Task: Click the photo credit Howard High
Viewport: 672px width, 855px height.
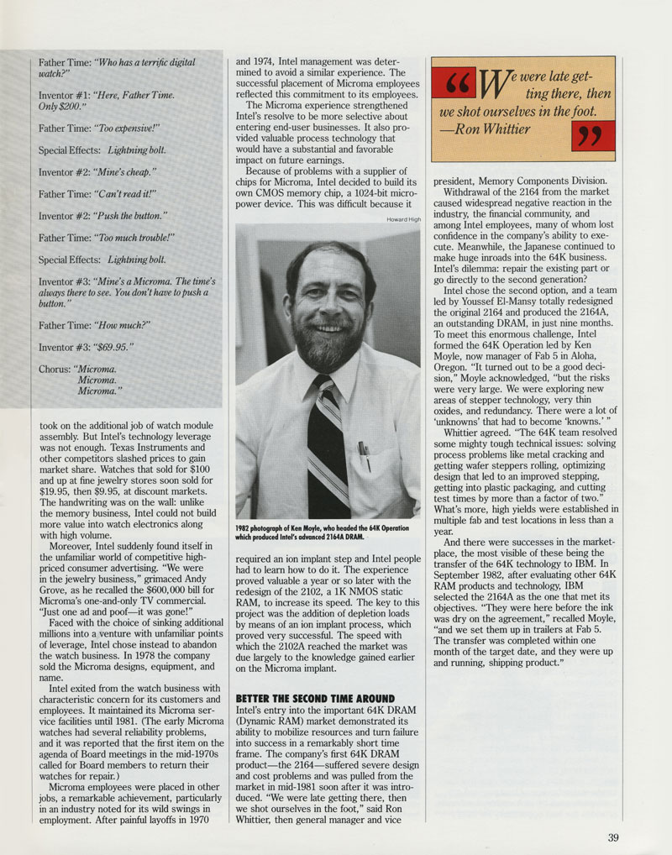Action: [402, 219]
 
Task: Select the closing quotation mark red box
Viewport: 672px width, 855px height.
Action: [592, 135]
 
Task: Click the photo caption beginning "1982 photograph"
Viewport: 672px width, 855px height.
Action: [323, 532]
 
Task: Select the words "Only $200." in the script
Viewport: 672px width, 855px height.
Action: [63, 107]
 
